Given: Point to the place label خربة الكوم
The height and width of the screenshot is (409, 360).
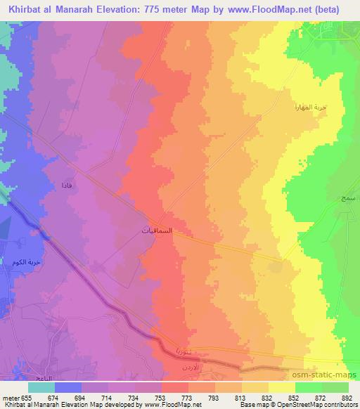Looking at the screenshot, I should click(25, 262).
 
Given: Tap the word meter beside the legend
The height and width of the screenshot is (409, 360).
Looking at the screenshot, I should click(11, 397).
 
